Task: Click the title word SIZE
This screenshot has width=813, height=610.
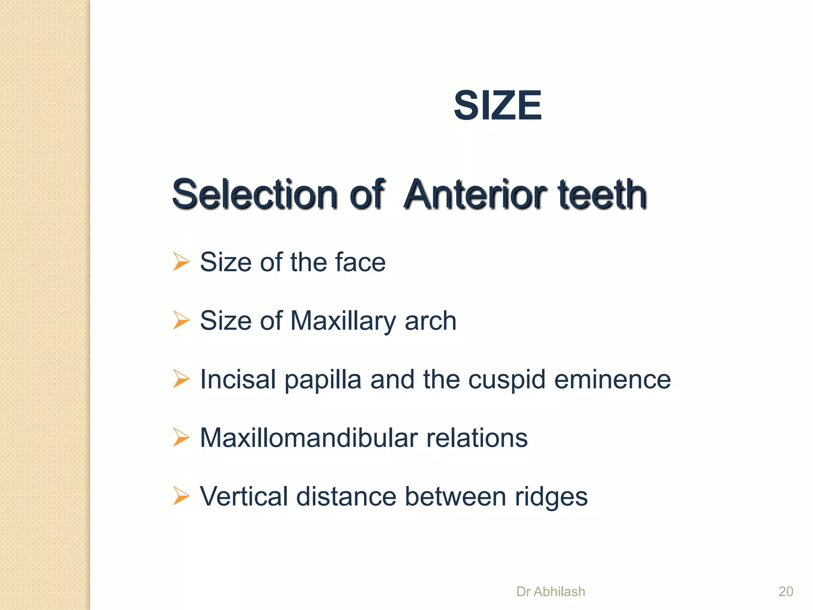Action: [497, 105]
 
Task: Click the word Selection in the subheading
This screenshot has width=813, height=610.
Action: [254, 194]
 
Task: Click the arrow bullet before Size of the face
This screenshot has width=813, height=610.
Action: [181, 262]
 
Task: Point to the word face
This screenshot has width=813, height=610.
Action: [360, 262]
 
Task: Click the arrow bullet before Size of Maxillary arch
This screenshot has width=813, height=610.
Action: [181, 320]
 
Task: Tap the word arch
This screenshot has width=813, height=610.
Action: [430, 320]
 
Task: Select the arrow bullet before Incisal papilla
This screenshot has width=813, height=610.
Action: [181, 379]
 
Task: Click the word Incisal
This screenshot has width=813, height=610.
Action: [238, 379]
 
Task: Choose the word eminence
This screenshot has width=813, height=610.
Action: [612, 379]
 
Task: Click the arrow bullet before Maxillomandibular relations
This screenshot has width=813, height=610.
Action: [181, 438]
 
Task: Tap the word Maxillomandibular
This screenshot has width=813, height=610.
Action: [308, 438]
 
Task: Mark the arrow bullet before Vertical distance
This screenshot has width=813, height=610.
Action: [181, 496]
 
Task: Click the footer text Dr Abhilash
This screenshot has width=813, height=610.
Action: [551, 591]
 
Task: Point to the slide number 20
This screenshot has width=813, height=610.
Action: [786, 591]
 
